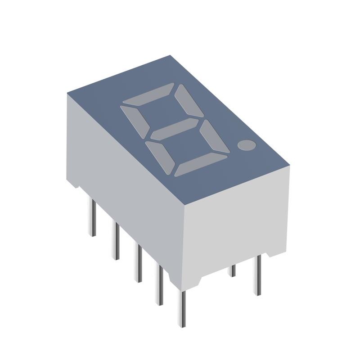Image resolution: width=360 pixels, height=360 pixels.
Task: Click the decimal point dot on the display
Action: (246, 145)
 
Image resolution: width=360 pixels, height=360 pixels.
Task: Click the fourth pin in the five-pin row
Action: (159, 284)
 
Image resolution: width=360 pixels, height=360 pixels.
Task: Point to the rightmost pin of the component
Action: (257, 274)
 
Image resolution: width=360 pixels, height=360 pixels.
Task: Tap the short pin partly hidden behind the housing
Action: (233, 270)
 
